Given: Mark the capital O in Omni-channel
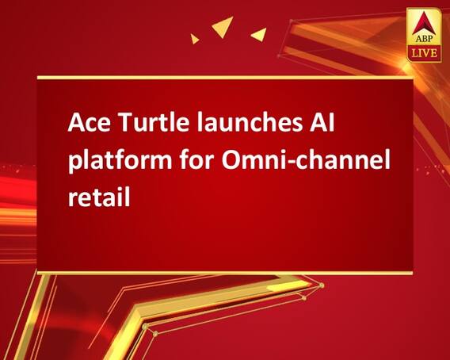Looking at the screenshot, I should point(234,161).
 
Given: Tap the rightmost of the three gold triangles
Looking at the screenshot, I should point(257,34).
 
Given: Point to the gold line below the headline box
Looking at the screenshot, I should point(225,272).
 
